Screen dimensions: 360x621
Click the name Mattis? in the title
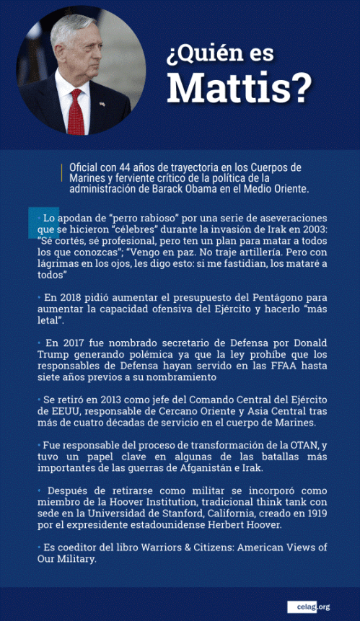click(x=240, y=89)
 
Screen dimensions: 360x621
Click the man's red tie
click(x=76, y=111)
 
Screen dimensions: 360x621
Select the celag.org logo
click(x=308, y=607)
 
